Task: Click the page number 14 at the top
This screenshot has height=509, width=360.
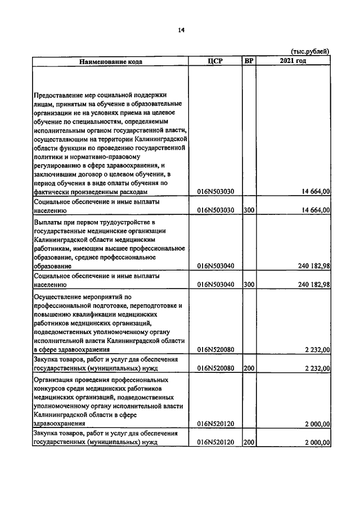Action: [x=181, y=30]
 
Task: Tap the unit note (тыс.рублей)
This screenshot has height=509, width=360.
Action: [x=310, y=52]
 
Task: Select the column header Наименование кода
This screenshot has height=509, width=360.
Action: [x=110, y=61]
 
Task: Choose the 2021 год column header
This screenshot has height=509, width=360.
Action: [x=292, y=61]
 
